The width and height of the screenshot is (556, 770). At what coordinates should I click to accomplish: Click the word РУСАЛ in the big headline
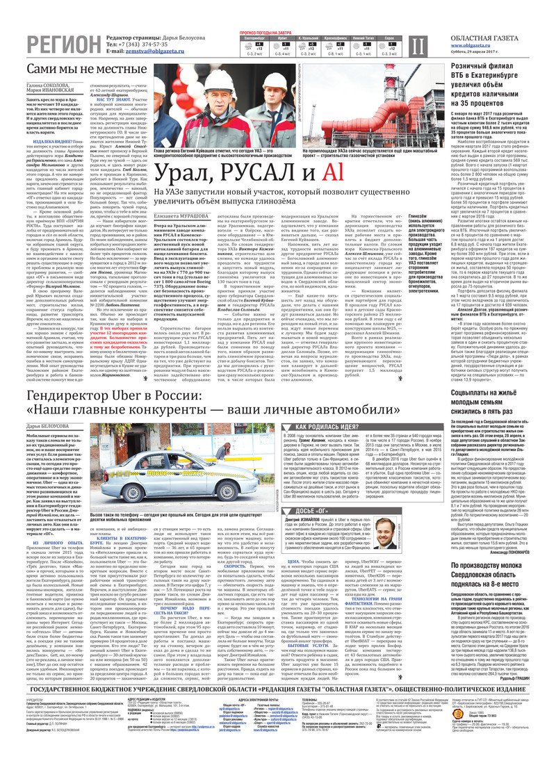(x=236, y=172)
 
